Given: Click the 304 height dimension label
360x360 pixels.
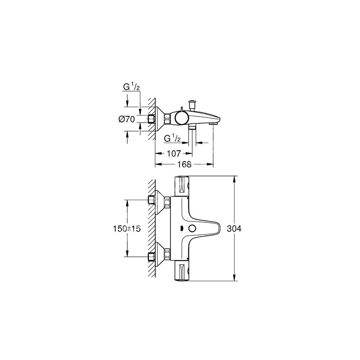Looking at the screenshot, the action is tap(234, 229).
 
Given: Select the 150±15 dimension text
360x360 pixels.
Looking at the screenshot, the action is tap(126, 229).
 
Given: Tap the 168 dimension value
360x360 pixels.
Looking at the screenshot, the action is tap(184, 164).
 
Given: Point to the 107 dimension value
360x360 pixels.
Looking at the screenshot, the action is tap(174, 153).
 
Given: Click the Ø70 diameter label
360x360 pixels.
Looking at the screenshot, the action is tap(127, 119).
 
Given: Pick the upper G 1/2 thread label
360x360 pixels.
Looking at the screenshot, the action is tap(131, 87).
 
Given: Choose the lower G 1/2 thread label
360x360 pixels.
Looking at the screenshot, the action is tap(172, 139).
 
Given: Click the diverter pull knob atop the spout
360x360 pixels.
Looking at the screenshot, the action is tap(192, 105).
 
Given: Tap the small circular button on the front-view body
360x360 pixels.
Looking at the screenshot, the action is tap(192, 229).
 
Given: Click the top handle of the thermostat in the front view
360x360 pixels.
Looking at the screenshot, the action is tap(182, 186).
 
